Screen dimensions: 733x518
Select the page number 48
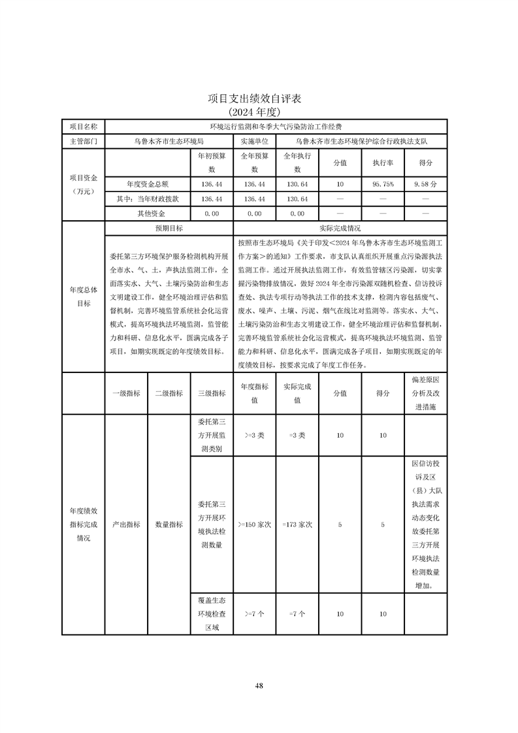(x=259, y=685)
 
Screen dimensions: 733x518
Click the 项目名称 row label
(x=83, y=126)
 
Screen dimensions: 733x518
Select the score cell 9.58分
(x=425, y=185)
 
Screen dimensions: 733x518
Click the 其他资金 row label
(x=151, y=214)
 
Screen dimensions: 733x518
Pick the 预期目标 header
(x=169, y=229)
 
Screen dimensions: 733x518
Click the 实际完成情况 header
(x=340, y=229)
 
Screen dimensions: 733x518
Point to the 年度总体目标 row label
(x=83, y=297)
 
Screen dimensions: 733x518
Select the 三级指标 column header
(x=212, y=393)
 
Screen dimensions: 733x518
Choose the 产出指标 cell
(x=126, y=524)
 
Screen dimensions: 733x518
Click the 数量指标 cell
(x=169, y=524)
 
